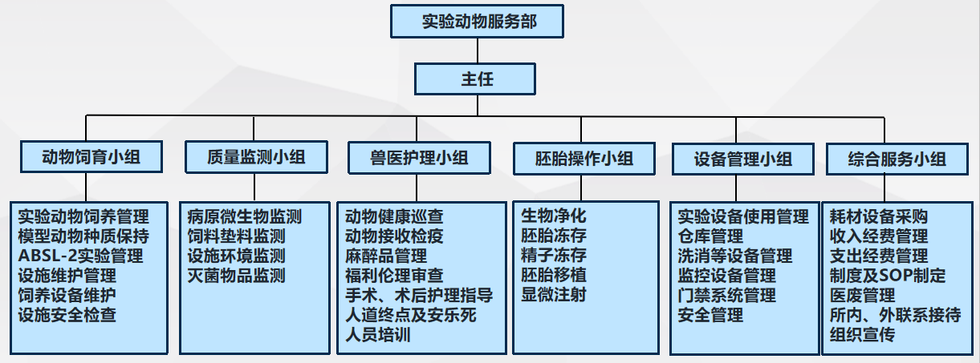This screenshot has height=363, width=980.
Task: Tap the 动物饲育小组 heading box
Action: click(91, 157)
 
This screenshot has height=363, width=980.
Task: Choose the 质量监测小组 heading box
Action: click(256, 157)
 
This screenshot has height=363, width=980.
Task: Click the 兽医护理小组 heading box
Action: click(419, 157)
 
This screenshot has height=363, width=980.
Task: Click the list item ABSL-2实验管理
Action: click(80, 256)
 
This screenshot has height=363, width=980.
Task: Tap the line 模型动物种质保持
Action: click(83, 236)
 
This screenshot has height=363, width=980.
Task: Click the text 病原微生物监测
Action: click(244, 216)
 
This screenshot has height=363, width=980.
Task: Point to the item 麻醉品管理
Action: click(385, 256)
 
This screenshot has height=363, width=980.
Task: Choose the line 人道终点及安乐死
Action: click(410, 316)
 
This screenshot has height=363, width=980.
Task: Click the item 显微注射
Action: click(553, 295)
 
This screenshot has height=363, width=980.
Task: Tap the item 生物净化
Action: click(553, 216)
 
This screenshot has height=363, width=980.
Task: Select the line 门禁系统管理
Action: click(726, 296)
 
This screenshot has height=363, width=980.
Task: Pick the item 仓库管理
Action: click(710, 236)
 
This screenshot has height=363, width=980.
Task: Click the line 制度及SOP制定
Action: click(887, 276)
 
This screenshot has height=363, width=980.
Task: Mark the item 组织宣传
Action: click(863, 335)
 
